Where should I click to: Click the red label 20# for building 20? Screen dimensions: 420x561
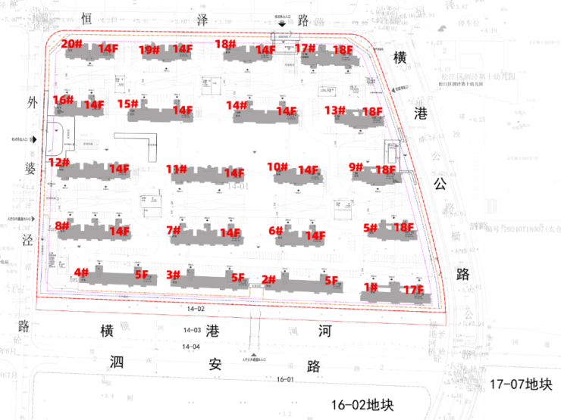[x=72, y=44]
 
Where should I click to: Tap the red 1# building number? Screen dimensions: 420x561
[x=370, y=288]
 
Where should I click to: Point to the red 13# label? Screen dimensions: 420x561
[x=335, y=110]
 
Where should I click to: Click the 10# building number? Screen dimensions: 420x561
[x=277, y=167]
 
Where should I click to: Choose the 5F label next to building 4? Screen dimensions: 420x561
[x=141, y=274]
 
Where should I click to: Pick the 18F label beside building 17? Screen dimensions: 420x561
[x=343, y=50]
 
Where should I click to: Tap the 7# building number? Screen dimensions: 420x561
[x=174, y=230]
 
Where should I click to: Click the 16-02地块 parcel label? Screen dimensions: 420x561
[x=363, y=405]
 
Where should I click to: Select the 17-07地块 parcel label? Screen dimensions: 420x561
[x=520, y=384]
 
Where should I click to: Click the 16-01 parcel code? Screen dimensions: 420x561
[x=285, y=379]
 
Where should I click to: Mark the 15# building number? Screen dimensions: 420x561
[x=127, y=104]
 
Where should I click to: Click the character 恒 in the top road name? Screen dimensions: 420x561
[x=86, y=16]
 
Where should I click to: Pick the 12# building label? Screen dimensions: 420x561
[x=58, y=162]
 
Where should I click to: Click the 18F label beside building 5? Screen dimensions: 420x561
[x=403, y=227]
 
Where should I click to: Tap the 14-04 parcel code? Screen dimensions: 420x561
[x=192, y=346]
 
